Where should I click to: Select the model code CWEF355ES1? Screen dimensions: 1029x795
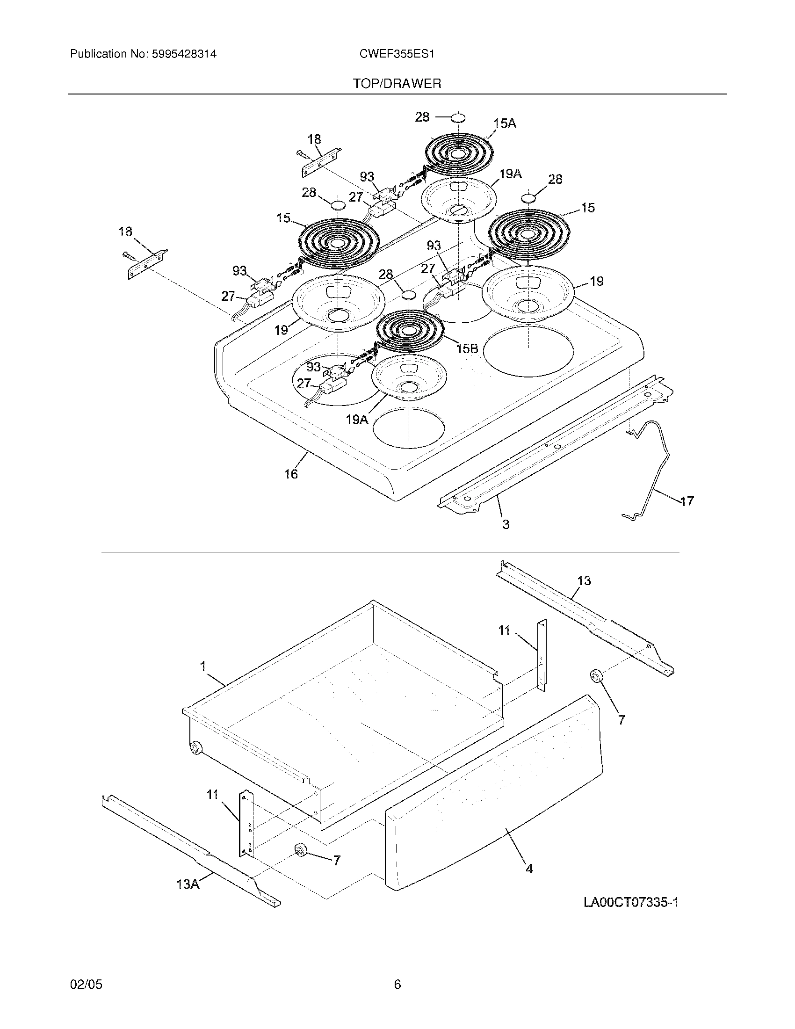(397, 54)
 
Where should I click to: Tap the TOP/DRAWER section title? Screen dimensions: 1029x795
(397, 84)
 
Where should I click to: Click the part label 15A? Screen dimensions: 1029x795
(505, 123)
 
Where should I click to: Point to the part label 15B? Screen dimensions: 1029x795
(467, 348)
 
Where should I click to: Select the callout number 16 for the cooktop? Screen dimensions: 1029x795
(290, 474)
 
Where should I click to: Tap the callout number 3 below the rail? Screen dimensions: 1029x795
(506, 524)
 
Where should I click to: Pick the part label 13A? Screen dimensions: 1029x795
(188, 884)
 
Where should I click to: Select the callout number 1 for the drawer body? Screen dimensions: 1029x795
(203, 666)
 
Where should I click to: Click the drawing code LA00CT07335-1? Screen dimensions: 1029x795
(631, 903)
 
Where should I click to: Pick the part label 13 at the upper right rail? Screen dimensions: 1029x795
(584, 581)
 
